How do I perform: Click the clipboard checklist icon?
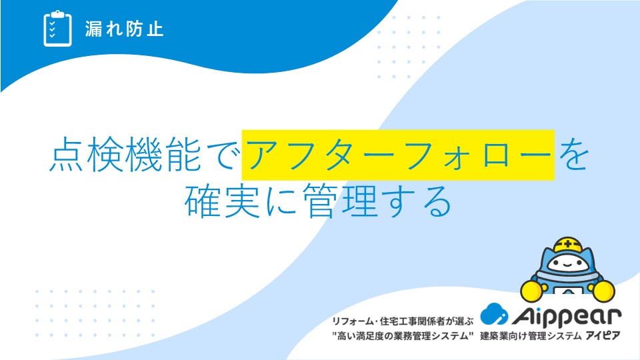point(57,29)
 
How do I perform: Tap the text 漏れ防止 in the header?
point(124,29)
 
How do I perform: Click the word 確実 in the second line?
point(223,201)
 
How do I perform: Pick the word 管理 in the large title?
point(340,201)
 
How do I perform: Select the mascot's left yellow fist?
point(532,290)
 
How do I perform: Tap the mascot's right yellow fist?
point(604,291)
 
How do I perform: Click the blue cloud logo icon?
point(494,314)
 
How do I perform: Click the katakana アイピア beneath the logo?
point(603,336)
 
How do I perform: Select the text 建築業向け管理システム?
point(531,336)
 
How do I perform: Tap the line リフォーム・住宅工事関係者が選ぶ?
point(403,321)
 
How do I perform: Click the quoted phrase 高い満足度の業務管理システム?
point(403,336)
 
